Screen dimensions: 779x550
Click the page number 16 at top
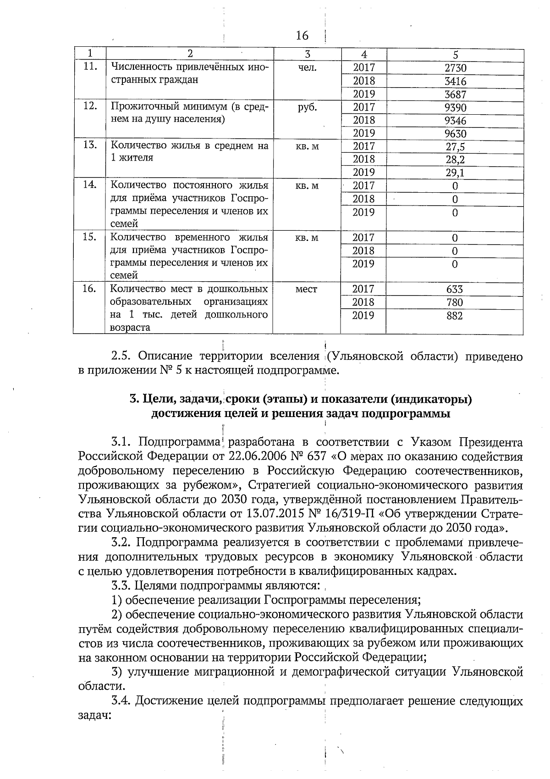(x=302, y=35)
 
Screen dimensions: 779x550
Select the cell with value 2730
(x=455, y=68)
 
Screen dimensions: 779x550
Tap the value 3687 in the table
(x=455, y=95)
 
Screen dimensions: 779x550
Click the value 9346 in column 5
(x=455, y=121)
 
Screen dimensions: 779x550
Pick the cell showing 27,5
(x=455, y=147)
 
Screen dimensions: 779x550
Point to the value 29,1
(x=455, y=173)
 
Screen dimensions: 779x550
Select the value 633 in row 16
(x=455, y=289)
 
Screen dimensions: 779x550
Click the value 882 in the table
(x=455, y=316)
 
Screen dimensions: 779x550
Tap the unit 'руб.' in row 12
(x=307, y=107)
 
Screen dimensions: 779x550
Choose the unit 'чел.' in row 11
(x=307, y=67)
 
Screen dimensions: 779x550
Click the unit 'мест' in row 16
(x=307, y=289)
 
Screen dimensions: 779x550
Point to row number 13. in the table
(x=90, y=145)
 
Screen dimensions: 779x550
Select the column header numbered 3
(x=307, y=54)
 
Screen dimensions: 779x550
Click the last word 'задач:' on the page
(x=95, y=715)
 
